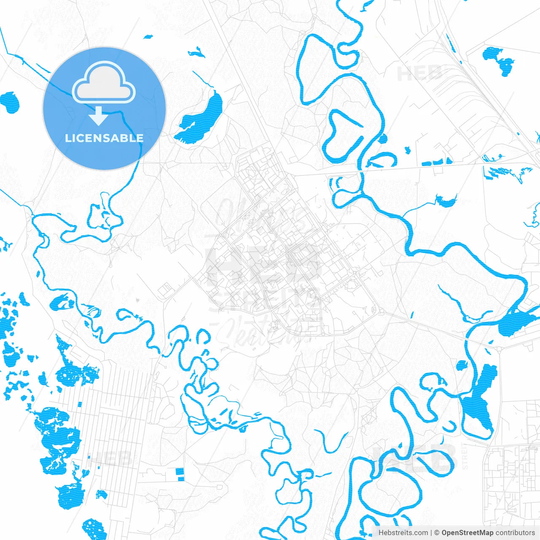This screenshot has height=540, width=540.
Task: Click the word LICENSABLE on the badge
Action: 104,138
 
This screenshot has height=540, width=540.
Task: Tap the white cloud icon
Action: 104,82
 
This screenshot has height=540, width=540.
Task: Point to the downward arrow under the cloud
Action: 99,116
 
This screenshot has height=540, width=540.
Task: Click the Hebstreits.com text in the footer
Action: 403,533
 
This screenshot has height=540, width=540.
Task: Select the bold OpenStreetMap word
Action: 467,533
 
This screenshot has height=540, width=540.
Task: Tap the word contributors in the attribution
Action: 515,533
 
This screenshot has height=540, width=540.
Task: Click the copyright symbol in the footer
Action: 437,533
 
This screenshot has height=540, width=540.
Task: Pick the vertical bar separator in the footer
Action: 432,533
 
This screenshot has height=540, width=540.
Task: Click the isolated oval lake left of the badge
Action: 10,103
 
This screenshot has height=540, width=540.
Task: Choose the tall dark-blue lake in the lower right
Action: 479,401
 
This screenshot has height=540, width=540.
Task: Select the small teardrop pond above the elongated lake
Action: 196,53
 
